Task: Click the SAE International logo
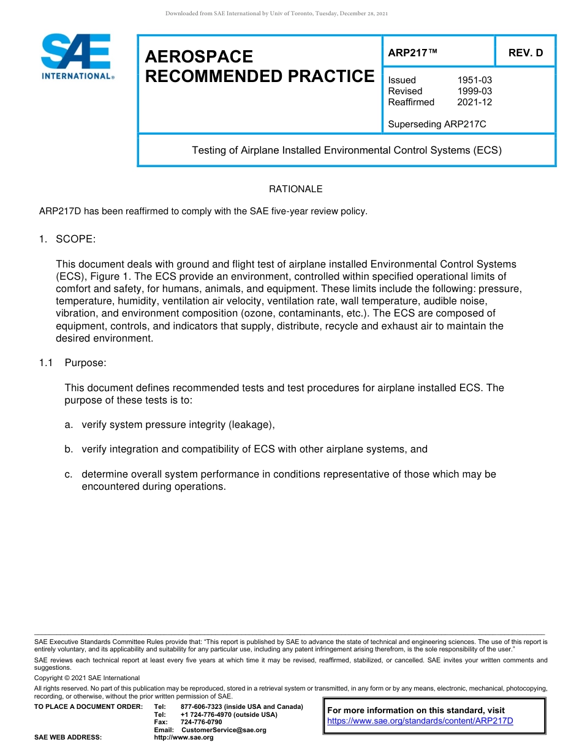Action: click(77, 56)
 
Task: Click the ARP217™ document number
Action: click(412, 53)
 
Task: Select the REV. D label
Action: click(525, 53)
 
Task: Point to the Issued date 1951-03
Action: click(474, 80)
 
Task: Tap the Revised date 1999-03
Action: click(474, 91)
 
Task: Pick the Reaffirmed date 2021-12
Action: click(474, 102)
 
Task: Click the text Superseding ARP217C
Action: click(437, 124)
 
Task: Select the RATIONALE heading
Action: click(295, 189)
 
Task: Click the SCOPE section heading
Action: click(75, 239)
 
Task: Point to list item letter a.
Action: click(69, 425)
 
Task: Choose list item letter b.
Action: click(69, 449)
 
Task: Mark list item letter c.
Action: click(69, 474)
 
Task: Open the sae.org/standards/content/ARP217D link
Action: click(420, 721)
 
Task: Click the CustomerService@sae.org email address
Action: click(224, 730)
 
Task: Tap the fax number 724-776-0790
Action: click(202, 722)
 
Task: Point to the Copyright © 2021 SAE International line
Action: click(87, 678)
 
